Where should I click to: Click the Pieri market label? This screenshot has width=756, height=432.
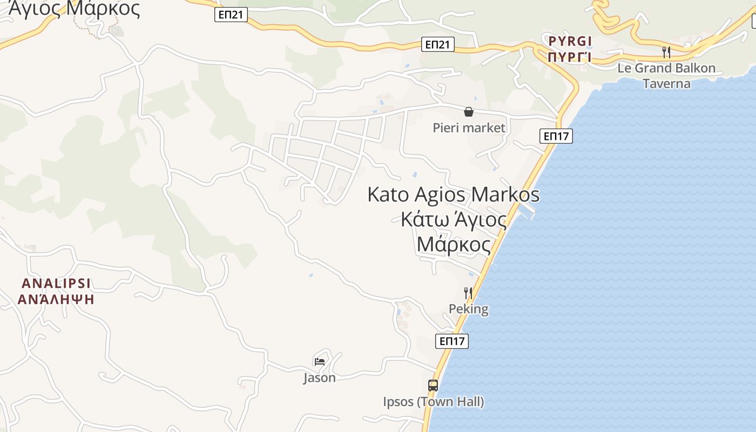pyautogui.click(x=469, y=128)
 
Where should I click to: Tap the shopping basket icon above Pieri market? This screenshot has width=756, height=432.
pyautogui.click(x=469, y=112)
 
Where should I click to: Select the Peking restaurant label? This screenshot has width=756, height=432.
pyautogui.click(x=469, y=309)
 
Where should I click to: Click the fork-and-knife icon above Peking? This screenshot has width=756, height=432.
pyautogui.click(x=468, y=293)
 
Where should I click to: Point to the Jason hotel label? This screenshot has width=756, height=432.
pyautogui.click(x=319, y=377)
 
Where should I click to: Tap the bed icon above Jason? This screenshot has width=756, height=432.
pyautogui.click(x=320, y=361)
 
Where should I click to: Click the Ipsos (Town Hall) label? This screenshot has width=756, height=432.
pyautogui.click(x=433, y=402)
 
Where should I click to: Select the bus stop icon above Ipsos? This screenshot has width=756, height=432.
pyautogui.click(x=433, y=386)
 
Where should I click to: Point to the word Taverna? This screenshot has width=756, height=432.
pyautogui.click(x=666, y=83)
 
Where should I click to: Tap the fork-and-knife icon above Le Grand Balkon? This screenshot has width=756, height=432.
pyautogui.click(x=666, y=52)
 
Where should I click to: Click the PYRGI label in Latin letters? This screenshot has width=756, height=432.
pyautogui.click(x=570, y=41)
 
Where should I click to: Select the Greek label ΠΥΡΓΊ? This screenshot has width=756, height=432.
pyautogui.click(x=570, y=57)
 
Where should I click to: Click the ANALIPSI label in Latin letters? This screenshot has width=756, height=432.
pyautogui.click(x=56, y=283)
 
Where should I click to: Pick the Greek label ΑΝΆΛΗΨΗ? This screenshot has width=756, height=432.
pyautogui.click(x=56, y=299)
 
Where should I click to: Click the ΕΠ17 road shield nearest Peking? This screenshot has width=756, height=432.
pyautogui.click(x=452, y=341)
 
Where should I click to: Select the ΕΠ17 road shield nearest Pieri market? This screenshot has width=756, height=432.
pyautogui.click(x=556, y=136)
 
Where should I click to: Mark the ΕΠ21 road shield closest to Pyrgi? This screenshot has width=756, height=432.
pyautogui.click(x=438, y=45)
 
